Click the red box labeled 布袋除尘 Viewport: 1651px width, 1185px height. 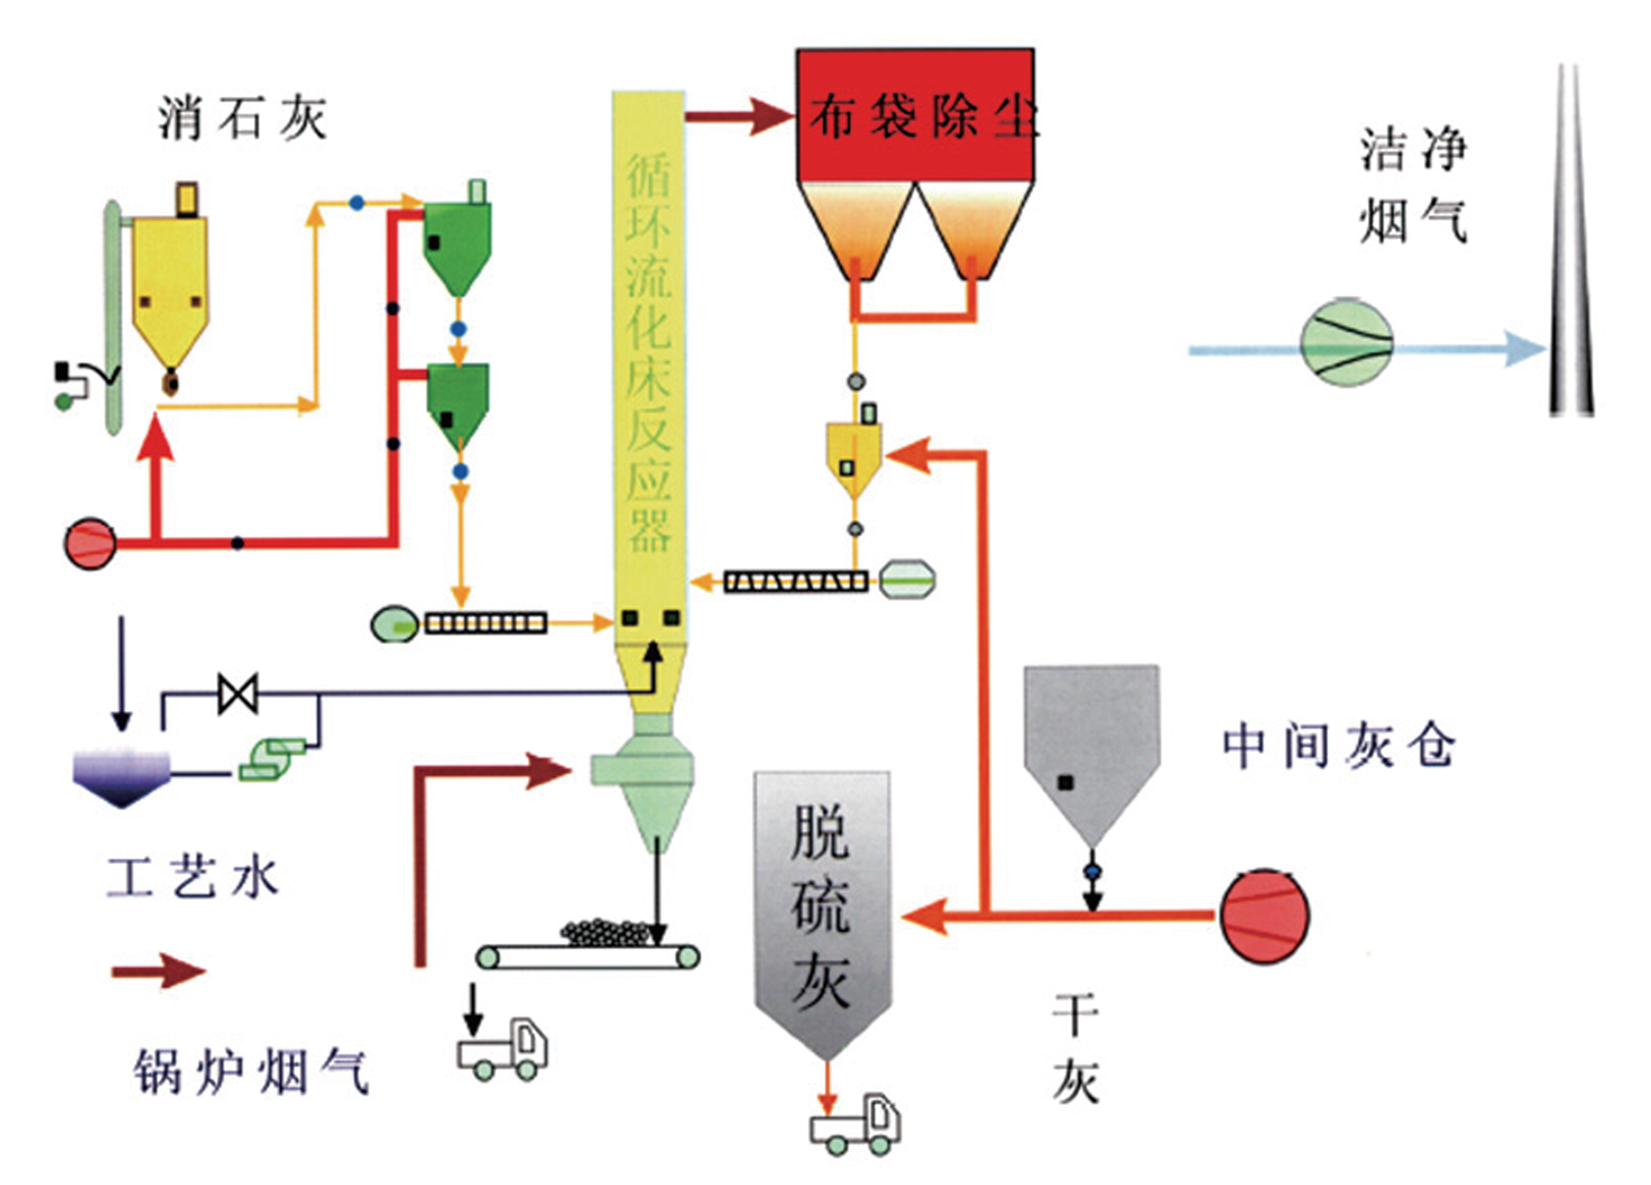point(915,115)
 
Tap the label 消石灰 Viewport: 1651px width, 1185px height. point(241,119)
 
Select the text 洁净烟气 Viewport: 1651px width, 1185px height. point(1412,186)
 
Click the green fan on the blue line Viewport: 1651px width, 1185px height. point(1346,341)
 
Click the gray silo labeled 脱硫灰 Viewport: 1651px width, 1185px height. point(822,903)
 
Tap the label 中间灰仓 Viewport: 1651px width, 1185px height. point(1338,746)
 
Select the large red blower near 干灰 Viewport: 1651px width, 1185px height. point(1265,916)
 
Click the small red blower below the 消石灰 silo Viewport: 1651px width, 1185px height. point(90,543)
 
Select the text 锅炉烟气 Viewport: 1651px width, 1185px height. point(251,1072)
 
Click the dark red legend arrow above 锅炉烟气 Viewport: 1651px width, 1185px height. point(158,971)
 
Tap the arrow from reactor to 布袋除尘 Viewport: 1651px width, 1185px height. point(739,116)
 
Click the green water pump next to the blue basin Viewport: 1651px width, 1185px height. point(273,759)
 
